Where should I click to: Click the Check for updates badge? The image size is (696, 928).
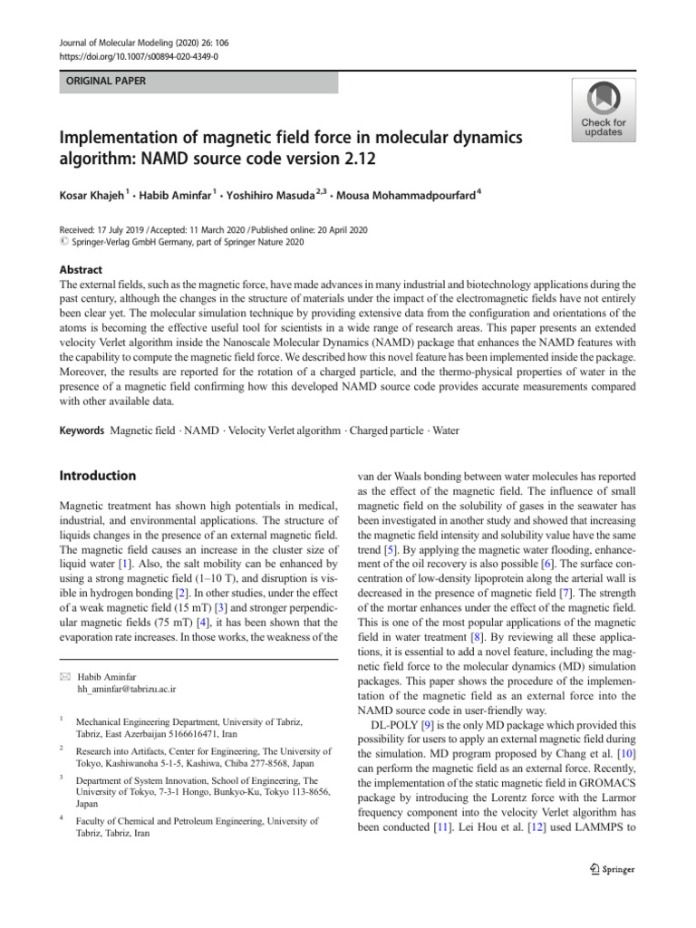[x=603, y=110]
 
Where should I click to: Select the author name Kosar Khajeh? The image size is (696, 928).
[x=93, y=196]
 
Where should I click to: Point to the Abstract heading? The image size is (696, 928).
[x=81, y=270]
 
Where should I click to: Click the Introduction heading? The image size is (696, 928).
[x=97, y=476]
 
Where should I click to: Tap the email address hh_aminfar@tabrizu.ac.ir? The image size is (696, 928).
[x=126, y=689]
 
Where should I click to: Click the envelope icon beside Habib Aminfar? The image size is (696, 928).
[x=63, y=675]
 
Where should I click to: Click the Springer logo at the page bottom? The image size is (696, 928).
[x=611, y=869]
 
